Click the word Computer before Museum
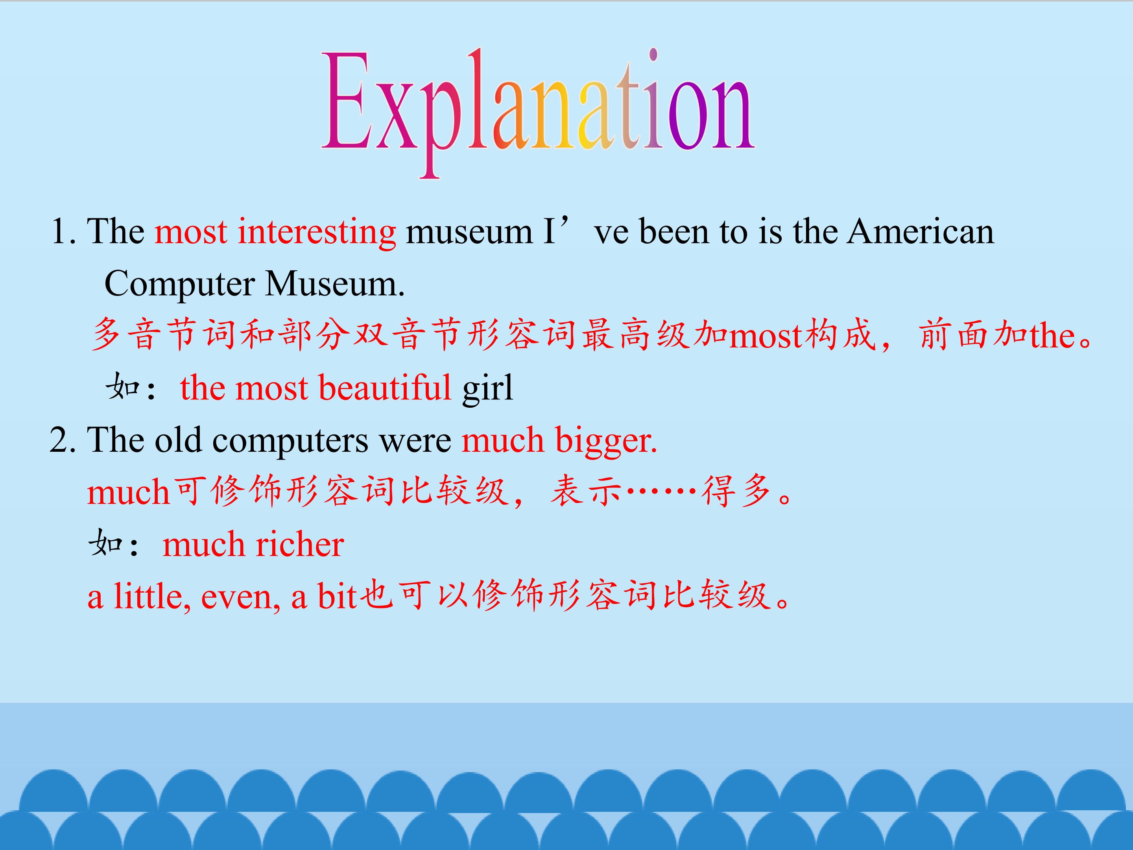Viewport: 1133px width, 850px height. [179, 285]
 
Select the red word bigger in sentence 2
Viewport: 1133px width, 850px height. [605, 441]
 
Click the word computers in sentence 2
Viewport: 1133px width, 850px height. [290, 441]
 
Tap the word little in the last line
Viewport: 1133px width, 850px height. [151, 597]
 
